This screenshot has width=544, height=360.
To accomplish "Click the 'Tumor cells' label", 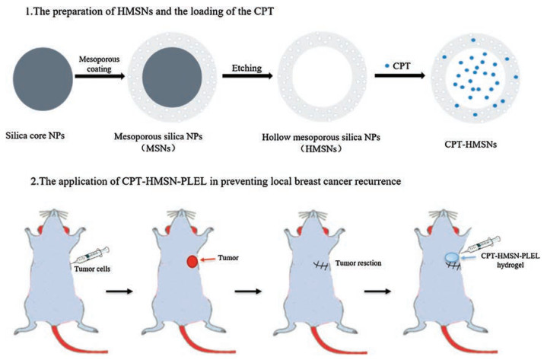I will pos(114,256).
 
